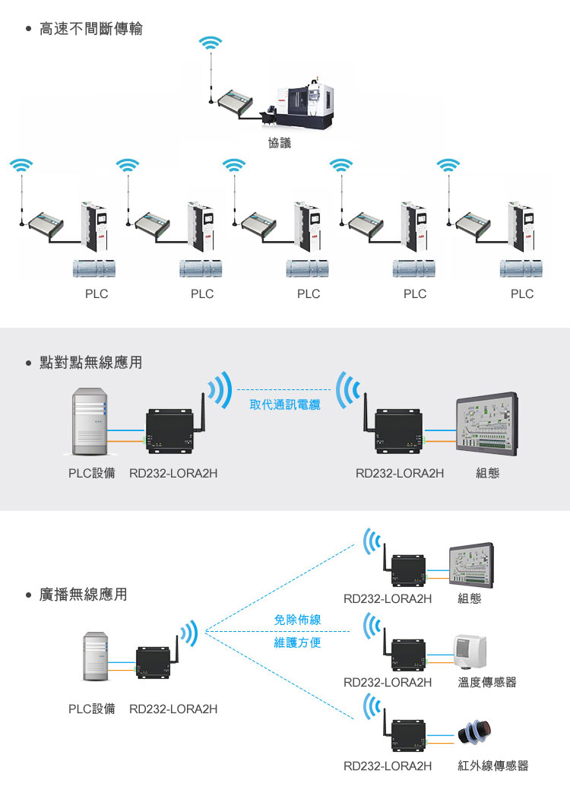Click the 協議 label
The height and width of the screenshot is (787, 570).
click(280, 142)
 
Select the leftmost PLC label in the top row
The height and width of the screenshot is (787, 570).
click(96, 294)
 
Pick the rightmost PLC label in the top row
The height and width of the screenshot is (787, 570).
click(522, 294)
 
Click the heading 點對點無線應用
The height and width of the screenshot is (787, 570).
click(90, 363)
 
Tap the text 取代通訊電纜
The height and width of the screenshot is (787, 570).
click(285, 405)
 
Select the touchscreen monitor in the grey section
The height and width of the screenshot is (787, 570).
click(487, 427)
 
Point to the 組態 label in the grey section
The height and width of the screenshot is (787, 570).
click(487, 473)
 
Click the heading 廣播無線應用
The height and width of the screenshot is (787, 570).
click(83, 594)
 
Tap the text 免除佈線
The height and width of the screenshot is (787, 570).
click(297, 620)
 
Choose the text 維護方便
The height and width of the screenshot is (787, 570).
click(297, 643)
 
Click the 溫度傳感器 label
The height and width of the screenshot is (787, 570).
click(487, 682)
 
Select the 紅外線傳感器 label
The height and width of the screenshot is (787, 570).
click(492, 765)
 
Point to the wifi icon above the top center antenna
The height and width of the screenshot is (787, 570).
click(211, 43)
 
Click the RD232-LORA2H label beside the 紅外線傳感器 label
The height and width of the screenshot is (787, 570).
click(388, 765)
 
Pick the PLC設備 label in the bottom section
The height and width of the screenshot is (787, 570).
click(92, 709)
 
